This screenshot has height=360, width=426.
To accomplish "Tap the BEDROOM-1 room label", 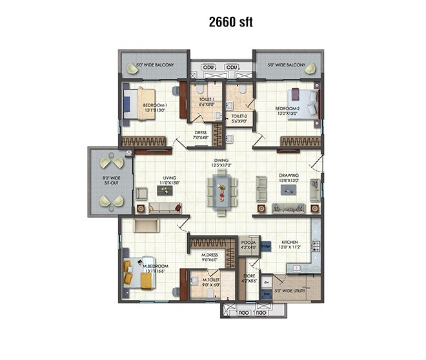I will coord(156,108).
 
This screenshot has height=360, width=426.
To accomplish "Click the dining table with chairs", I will coord(221,191).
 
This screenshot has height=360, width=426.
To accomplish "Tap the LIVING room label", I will coord(170,182).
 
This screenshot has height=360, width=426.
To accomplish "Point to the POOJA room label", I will coord(249,244).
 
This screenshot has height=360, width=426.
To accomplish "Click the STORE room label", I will coord(249,279).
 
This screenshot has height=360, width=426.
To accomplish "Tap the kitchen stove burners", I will coord(316,246).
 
